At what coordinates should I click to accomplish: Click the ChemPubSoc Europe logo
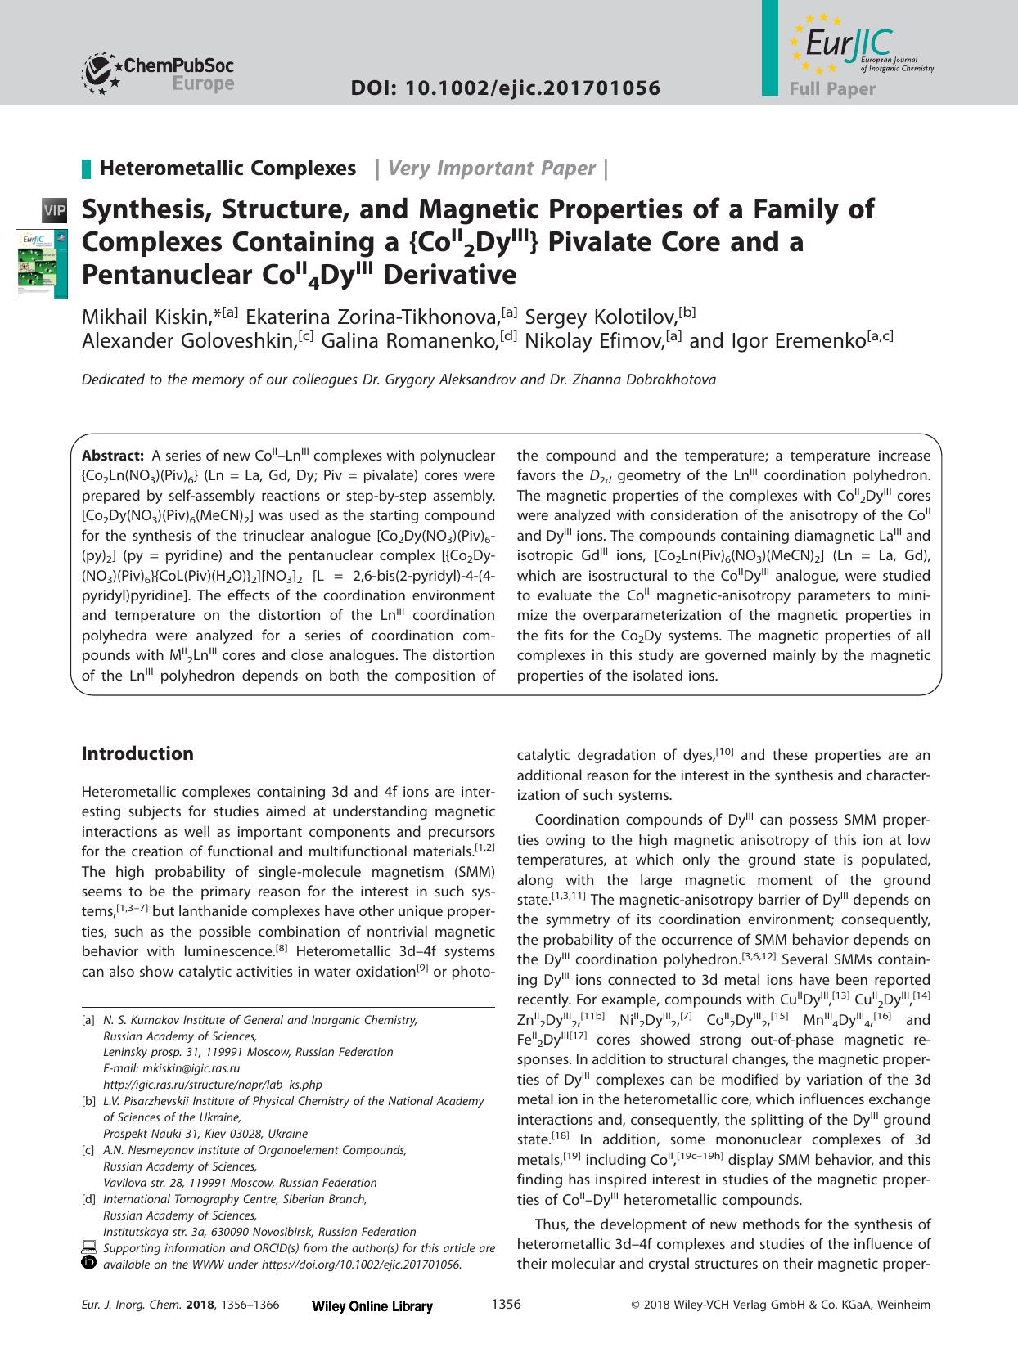[157, 72]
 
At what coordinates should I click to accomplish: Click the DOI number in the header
[506, 88]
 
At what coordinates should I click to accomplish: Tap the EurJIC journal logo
[851, 46]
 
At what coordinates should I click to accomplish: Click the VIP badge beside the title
[55, 211]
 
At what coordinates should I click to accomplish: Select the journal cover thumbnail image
[34, 263]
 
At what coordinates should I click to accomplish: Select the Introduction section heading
[137, 753]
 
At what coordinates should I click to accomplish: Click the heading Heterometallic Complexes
[227, 169]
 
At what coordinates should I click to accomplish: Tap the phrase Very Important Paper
[491, 169]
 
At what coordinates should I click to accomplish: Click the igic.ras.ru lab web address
[212, 1085]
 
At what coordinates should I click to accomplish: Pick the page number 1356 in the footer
[506, 1304]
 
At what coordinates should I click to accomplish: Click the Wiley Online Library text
[372, 1306]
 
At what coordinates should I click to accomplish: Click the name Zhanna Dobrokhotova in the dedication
[651, 380]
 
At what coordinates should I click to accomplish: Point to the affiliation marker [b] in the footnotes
[88, 1101]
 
